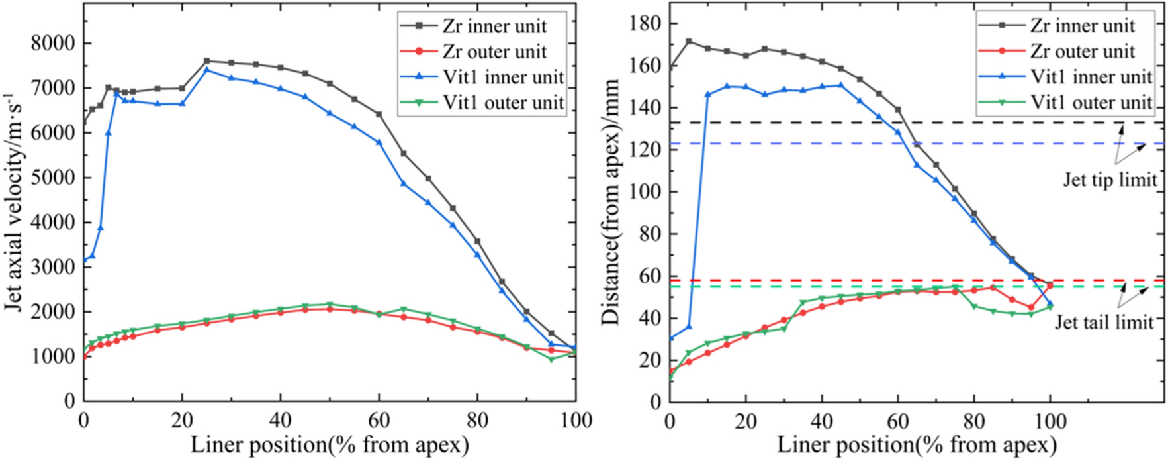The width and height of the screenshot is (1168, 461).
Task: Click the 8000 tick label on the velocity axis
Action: (52, 44)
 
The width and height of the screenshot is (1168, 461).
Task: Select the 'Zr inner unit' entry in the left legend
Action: (494, 26)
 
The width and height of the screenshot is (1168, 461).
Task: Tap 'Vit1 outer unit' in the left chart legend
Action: (503, 103)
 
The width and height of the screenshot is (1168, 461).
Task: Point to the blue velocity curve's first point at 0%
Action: (84, 260)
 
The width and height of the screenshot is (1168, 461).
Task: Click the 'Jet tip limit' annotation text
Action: (1110, 179)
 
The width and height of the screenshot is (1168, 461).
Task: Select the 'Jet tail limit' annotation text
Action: (1103, 322)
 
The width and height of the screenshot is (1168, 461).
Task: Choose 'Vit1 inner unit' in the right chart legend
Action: (1091, 77)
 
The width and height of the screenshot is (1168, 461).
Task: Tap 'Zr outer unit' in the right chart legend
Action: (1082, 52)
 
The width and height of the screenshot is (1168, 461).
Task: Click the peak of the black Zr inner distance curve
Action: (689, 41)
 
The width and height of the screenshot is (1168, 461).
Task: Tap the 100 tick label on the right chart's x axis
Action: (1050, 420)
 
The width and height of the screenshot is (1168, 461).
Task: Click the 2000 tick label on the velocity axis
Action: (52, 312)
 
